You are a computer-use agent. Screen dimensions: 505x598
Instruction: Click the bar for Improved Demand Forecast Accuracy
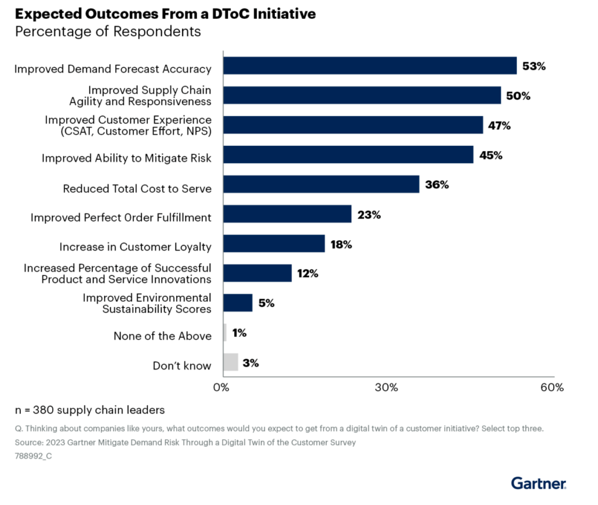[370, 66]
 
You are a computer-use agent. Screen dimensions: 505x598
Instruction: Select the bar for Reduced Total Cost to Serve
[321, 184]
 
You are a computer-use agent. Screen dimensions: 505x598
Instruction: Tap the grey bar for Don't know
[231, 362]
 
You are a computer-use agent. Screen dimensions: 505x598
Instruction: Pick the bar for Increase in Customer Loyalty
[274, 244]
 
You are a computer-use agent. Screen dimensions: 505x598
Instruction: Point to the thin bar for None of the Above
[225, 332]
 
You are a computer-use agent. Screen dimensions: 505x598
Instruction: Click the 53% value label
[534, 66]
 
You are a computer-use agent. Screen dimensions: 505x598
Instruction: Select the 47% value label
[499, 126]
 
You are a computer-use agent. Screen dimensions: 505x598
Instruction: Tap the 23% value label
[369, 215]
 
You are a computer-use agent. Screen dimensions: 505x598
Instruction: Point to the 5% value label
[266, 303]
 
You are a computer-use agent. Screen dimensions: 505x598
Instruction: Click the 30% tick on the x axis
[386, 387]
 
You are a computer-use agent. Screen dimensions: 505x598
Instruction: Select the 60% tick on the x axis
[552, 387]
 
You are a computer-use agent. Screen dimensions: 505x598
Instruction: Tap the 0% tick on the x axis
[221, 387]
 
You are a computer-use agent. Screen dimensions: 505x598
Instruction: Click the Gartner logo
[538, 483]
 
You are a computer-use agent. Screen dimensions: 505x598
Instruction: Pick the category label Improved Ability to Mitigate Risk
[126, 158]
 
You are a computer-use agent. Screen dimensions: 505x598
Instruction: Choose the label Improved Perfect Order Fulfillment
[121, 217]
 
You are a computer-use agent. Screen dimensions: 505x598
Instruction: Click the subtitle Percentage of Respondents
[108, 31]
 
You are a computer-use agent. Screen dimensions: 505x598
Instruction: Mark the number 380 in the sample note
[43, 410]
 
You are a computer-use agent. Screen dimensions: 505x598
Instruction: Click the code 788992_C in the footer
[33, 456]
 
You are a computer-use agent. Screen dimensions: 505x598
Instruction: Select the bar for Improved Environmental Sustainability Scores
[238, 303]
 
